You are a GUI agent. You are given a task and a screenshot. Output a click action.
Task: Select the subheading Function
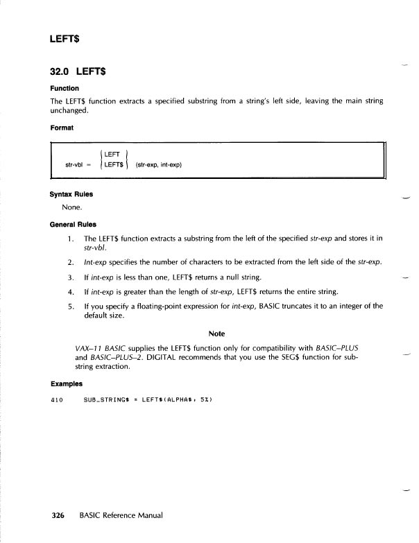65,89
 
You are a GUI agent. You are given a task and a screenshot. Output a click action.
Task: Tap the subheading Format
62,128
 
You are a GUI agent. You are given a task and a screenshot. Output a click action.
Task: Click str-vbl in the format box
75,165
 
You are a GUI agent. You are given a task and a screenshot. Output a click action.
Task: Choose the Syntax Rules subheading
71,194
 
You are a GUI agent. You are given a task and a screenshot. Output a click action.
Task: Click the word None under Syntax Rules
73,207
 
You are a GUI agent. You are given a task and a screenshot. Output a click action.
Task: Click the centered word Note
216,334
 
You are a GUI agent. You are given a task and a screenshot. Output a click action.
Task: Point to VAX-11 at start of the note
89,347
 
